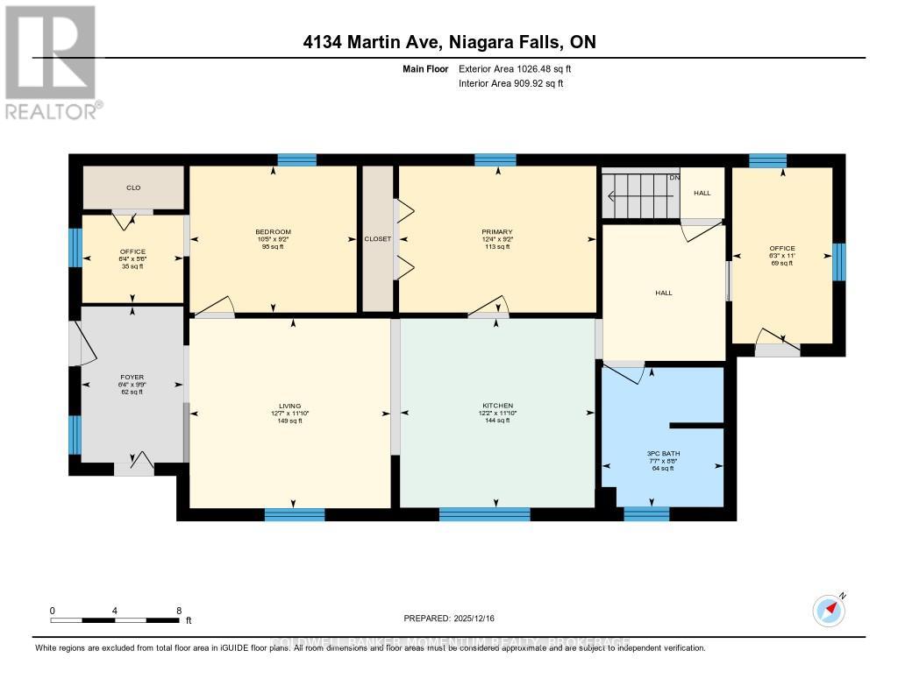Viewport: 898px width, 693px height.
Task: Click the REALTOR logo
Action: click(51, 61)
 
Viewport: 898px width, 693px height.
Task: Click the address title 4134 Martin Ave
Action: click(449, 43)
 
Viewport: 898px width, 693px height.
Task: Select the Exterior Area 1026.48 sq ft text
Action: click(515, 68)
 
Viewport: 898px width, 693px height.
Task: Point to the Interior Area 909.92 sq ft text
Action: click(510, 83)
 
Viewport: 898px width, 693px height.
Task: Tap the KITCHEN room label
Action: click(496, 413)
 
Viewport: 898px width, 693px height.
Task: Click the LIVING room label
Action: click(289, 413)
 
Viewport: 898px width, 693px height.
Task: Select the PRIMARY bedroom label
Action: click(496, 239)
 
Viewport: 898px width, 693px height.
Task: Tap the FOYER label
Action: click(132, 384)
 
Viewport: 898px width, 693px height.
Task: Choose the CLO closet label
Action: click(133, 187)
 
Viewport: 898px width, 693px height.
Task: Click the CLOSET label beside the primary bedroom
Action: click(378, 238)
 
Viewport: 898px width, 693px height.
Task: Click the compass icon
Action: click(828, 610)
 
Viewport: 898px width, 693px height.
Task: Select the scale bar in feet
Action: click(116, 620)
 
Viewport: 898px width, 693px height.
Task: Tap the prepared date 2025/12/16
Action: click(449, 618)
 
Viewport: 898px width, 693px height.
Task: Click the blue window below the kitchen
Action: click(484, 515)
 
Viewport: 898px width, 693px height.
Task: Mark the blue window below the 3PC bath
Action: click(646, 514)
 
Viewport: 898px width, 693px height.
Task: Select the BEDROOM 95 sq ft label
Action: click(273, 239)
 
